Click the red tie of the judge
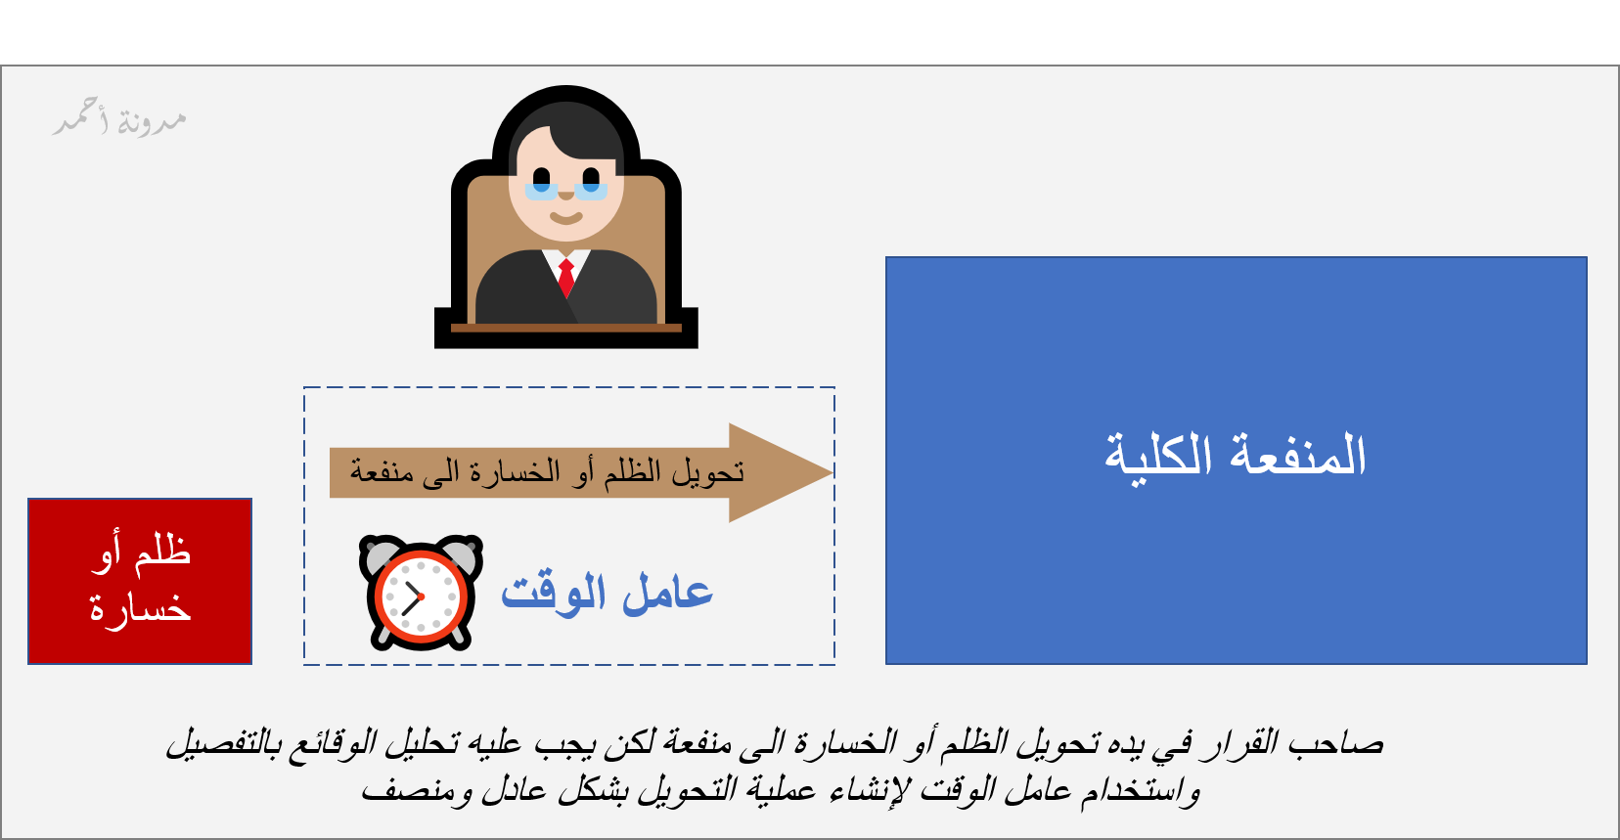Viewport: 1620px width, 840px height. pos(566,278)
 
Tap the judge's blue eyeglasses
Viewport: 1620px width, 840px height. pos(565,191)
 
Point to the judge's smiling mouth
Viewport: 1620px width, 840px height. pos(565,218)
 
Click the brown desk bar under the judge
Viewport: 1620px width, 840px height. pos(566,329)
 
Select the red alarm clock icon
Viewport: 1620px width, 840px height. pos(421,593)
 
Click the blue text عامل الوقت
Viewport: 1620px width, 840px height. pos(607,594)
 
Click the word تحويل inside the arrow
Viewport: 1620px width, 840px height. pos(708,472)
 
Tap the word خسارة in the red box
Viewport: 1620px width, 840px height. pos(140,608)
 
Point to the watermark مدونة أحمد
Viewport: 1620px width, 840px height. pos(120,119)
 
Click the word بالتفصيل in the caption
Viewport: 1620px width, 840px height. pos(220,744)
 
